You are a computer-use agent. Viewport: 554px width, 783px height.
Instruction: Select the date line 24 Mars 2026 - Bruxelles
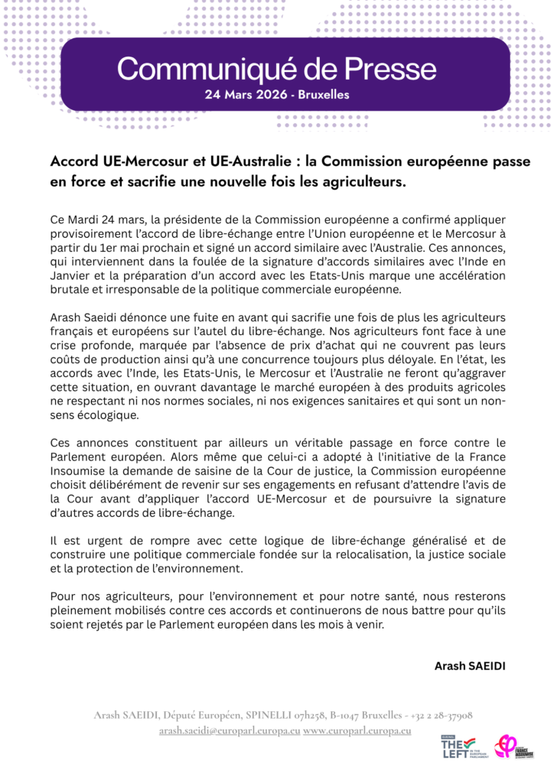click(x=277, y=96)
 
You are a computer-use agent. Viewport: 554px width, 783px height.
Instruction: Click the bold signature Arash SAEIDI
click(x=470, y=665)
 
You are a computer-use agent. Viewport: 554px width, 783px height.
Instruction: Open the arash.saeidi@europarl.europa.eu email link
click(x=229, y=730)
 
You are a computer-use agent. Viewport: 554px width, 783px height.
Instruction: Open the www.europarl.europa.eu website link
click(x=357, y=730)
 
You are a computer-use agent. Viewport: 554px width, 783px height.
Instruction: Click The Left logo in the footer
click(x=458, y=747)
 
